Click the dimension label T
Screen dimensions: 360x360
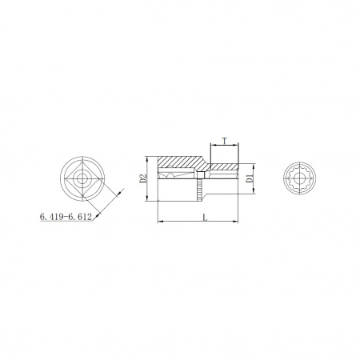[225, 141]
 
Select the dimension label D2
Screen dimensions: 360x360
[143, 178]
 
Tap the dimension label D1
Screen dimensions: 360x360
[249, 178]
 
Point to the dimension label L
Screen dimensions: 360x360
[205, 218]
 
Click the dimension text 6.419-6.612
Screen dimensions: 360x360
[66, 217]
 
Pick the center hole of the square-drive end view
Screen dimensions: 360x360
[82, 178]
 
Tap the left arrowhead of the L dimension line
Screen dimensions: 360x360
[160, 221]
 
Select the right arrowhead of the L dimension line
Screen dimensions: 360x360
[235, 221]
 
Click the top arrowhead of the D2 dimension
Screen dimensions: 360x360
[146, 158]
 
